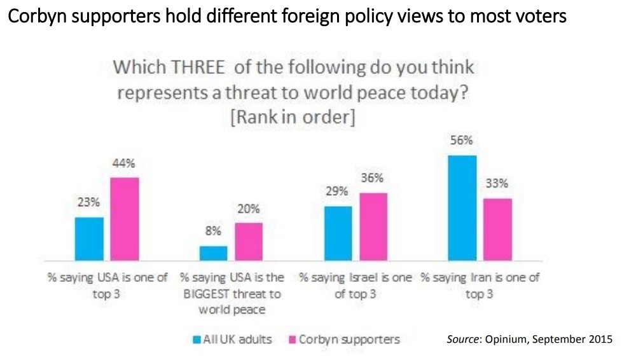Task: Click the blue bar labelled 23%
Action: coord(89,239)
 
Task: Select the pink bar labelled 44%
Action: coord(125,219)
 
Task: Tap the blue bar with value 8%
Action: coord(214,253)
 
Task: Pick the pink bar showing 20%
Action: coord(249,242)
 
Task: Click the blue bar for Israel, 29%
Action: coord(338,233)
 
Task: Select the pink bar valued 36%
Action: coord(373,227)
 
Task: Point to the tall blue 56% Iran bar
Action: coord(462,208)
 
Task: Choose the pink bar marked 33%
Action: coord(498,230)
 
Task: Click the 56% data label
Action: coord(461,141)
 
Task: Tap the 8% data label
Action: coord(213,231)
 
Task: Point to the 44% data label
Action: coord(123,163)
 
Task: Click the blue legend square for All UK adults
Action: coord(197,340)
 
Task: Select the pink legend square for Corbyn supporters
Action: coord(293,340)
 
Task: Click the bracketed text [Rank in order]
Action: coord(293,117)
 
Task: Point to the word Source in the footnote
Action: coord(462,339)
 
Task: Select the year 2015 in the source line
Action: coord(600,339)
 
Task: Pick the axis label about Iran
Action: coord(480,286)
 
